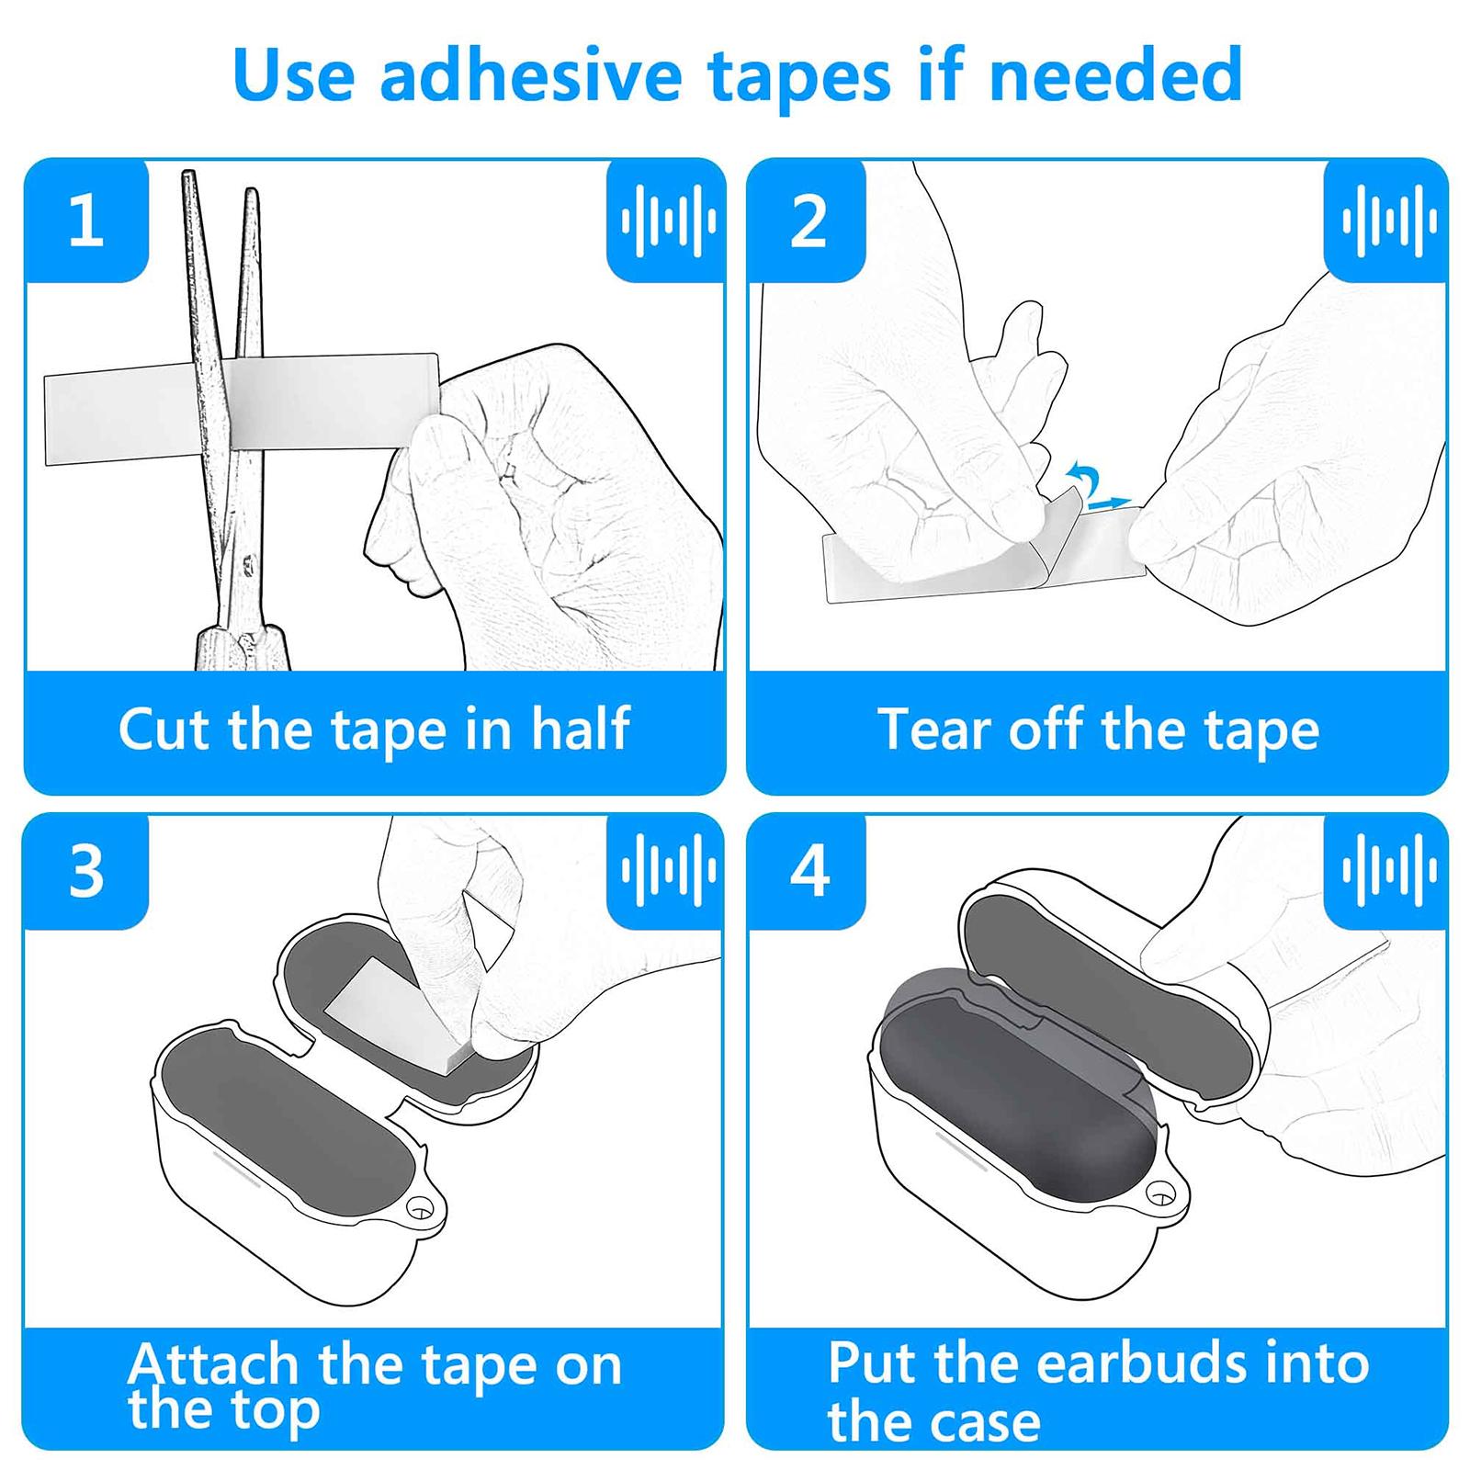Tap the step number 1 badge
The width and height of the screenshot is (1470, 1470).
pyautogui.click(x=85, y=220)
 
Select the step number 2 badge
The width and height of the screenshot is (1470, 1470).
pyautogui.click(x=808, y=220)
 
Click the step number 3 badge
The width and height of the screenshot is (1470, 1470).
pyautogui.click(x=85, y=871)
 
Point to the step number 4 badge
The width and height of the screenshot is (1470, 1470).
pyautogui.click(x=808, y=871)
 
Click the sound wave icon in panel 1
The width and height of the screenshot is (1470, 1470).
pyautogui.click(x=667, y=220)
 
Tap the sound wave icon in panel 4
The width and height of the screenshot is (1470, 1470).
pyautogui.click(x=1388, y=869)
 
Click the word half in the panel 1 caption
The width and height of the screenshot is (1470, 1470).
pyautogui.click(x=581, y=729)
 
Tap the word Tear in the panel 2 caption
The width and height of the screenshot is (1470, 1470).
pyautogui.click(x=934, y=729)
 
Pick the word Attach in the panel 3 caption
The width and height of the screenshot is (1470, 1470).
pyautogui.click(x=213, y=1365)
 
